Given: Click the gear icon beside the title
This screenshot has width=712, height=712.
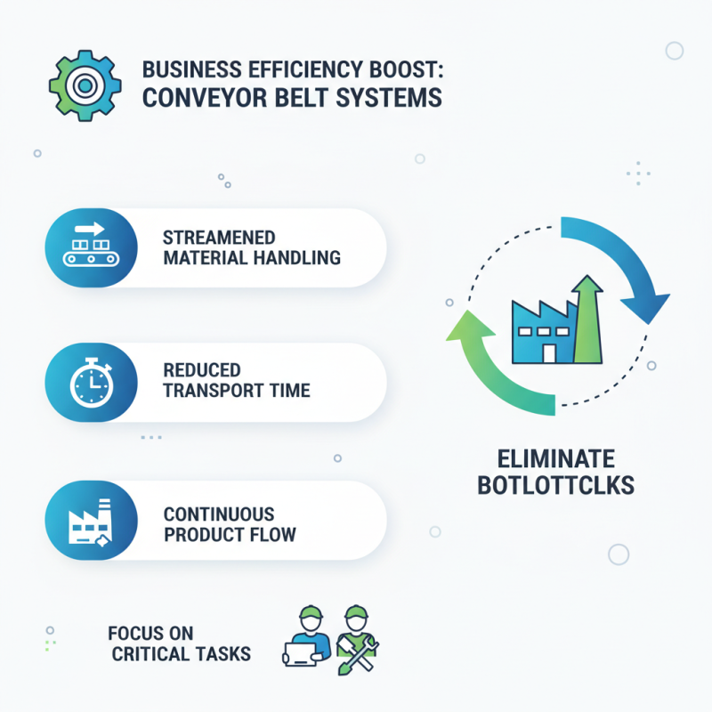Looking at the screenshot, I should coord(85,85).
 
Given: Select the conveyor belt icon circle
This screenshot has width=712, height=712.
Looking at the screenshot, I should coord(90,247).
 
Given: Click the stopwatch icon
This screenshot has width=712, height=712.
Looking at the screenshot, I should coord(90,384).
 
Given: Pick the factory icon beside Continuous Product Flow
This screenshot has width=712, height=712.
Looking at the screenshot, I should coord(90,522).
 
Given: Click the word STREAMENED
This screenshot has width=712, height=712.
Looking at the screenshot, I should coord(219,238).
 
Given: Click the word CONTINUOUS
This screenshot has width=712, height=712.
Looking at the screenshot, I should coord(219,514).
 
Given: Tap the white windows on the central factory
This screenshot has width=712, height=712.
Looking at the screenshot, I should coord(538,331).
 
